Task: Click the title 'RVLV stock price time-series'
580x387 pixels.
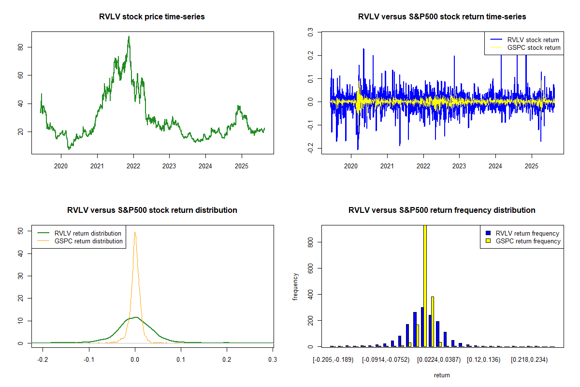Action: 152,17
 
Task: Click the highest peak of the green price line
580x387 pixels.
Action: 129,36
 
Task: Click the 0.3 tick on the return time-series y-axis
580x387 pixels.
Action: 310,32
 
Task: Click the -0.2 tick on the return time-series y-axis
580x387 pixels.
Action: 310,149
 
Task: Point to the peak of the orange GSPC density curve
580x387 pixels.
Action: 135,232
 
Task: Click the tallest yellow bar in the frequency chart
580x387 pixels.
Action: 425,285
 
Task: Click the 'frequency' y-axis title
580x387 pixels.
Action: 295,287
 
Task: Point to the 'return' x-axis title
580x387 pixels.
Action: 442,375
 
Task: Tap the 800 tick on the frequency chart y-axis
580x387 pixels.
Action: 310,242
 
